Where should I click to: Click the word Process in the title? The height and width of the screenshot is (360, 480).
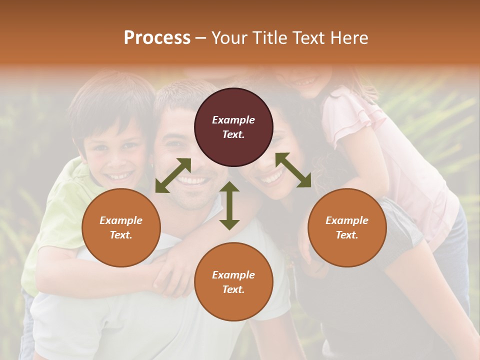tap(157, 38)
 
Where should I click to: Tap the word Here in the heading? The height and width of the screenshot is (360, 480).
tap(348, 38)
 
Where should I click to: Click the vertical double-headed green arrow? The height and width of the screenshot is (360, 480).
tap(229, 205)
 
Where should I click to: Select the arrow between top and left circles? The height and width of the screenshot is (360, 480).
tap(173, 175)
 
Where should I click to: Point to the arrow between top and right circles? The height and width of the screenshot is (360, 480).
tap(293, 170)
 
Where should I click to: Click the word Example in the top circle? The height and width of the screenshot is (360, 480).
tap(233, 120)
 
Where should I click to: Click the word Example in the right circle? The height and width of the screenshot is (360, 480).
tap(347, 220)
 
